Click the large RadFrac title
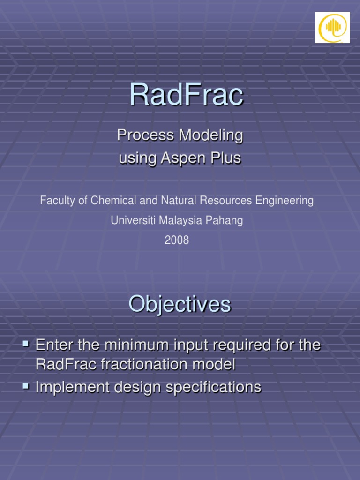tap(186, 95)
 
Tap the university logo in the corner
tap(332, 28)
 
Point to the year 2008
tap(177, 240)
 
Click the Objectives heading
tap(180, 305)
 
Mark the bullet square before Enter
tap(26, 345)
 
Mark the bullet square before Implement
tap(26, 386)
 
